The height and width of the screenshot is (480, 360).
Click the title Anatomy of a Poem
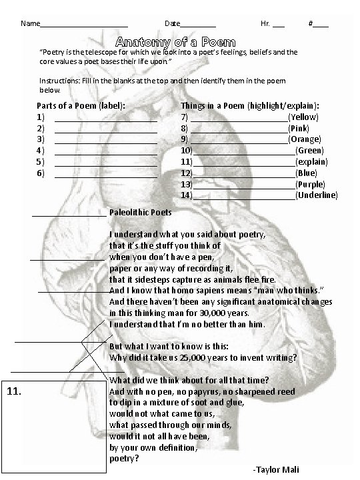coord(175,41)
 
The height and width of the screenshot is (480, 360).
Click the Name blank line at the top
coord(83,25)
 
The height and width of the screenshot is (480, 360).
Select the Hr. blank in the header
coord(278,25)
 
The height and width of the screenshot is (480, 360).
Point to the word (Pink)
coord(299,128)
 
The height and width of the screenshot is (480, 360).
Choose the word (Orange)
coord(305,139)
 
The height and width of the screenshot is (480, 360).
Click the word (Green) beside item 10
coord(309,151)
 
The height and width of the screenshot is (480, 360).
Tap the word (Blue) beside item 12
coord(307,173)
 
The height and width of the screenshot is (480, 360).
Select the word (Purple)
coord(310,184)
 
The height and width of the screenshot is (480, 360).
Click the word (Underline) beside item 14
coord(316,195)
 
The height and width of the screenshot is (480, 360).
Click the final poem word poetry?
coord(124,459)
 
